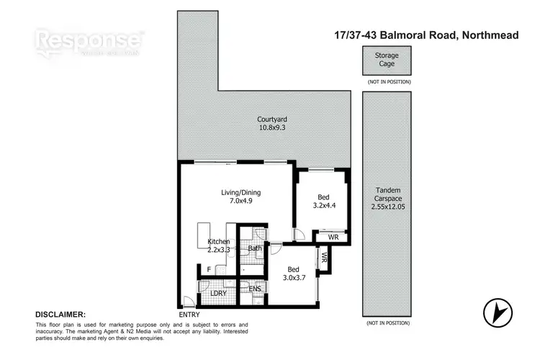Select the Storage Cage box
(387, 60)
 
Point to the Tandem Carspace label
(387, 195)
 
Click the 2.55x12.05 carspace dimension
(387, 207)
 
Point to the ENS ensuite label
(254, 289)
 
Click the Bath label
(254, 249)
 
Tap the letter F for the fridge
(209, 270)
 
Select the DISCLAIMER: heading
(60, 315)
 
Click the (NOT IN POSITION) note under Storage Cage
(387, 82)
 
